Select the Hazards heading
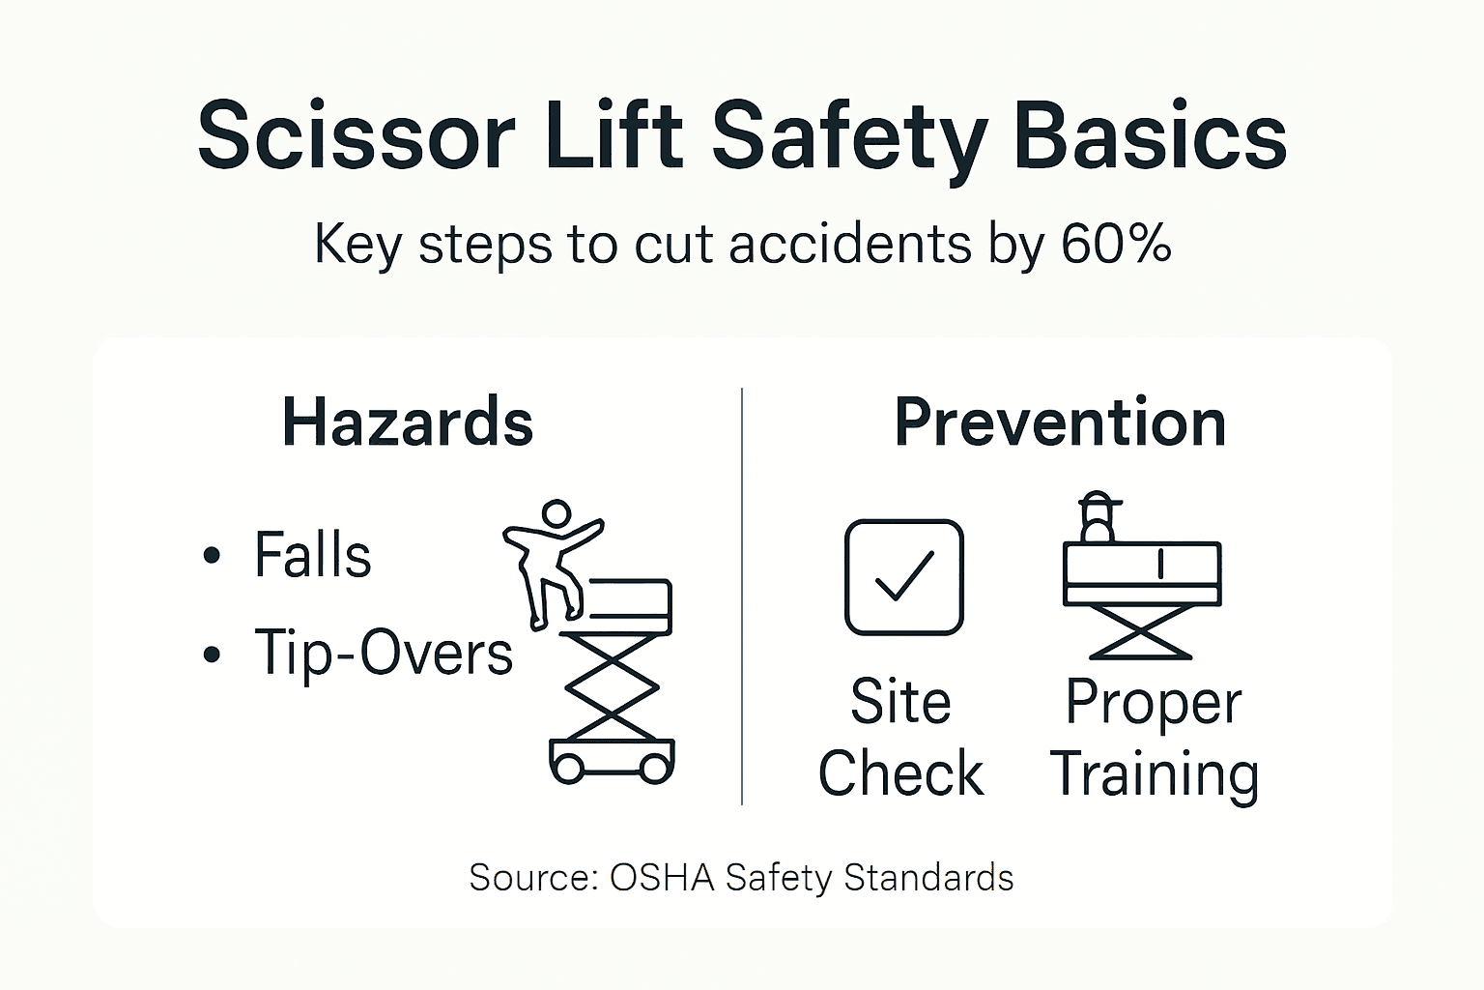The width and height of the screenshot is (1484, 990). tap(408, 422)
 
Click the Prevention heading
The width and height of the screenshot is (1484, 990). tap(1060, 422)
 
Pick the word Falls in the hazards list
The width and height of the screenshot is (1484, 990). tap(312, 555)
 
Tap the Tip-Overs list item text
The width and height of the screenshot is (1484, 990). tap(384, 654)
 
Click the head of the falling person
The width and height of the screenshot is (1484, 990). tap(556, 513)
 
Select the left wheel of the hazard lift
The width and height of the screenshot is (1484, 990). tap(568, 769)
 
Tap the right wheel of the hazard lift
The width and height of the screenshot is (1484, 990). tap(655, 769)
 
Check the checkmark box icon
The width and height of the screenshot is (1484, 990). tap(903, 577)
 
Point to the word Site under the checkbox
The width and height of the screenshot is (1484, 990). tap(900, 702)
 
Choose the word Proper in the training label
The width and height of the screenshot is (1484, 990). tap(1153, 704)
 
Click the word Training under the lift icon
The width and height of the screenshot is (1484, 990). tap(1154, 775)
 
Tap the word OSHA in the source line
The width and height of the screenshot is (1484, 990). tap(662, 878)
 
